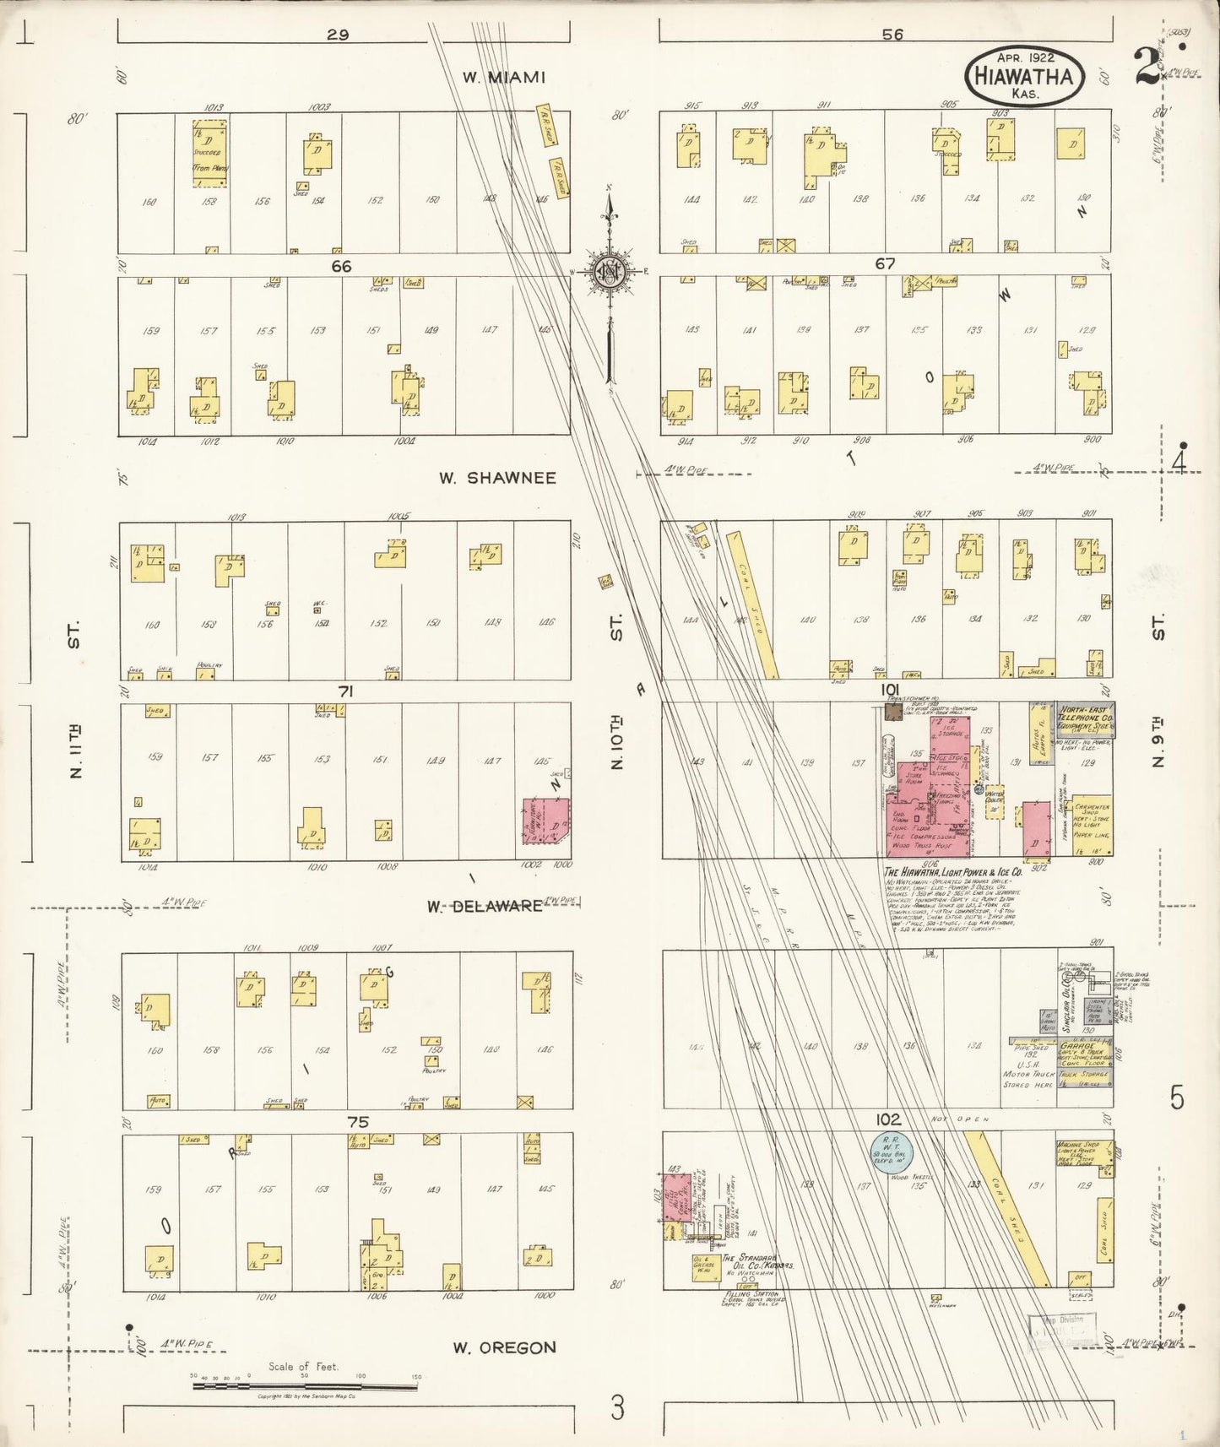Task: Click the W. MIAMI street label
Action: point(504,77)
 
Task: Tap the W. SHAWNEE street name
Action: point(497,478)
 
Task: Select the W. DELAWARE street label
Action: point(484,906)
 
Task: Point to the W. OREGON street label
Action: point(504,1347)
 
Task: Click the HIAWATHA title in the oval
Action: point(1023,76)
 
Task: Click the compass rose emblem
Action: point(606,272)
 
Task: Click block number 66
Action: point(340,266)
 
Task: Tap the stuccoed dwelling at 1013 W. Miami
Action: point(209,150)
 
